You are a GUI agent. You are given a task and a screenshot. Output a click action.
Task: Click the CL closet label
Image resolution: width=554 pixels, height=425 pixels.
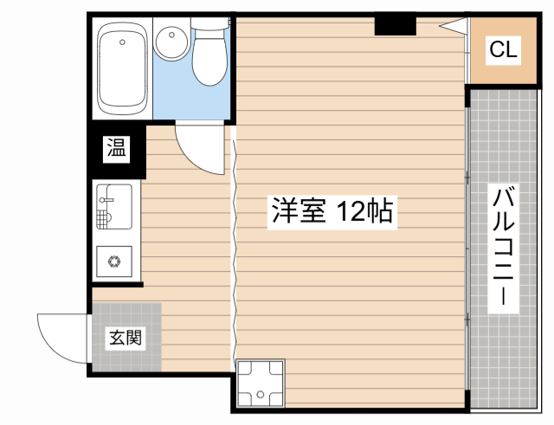tap(503, 50)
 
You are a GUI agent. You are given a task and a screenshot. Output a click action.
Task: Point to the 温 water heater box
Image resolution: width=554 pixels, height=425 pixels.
tap(115, 149)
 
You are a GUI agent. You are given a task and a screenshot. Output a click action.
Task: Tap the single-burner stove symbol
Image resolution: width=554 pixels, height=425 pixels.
tap(113, 258)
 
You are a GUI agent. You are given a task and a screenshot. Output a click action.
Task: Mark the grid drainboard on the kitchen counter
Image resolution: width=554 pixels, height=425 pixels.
tap(106, 216)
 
